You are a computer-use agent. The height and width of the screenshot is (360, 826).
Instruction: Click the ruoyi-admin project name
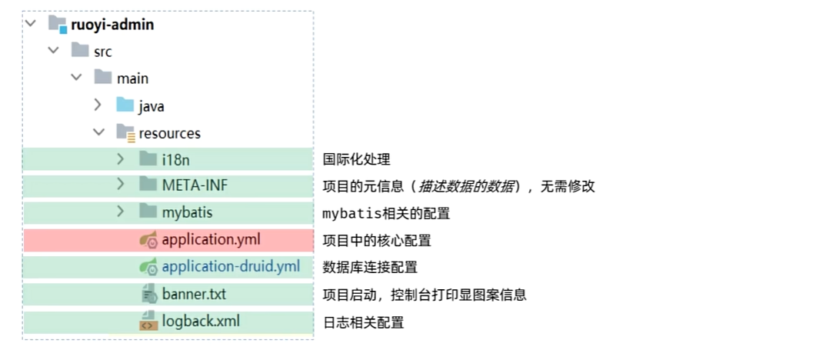[x=112, y=25]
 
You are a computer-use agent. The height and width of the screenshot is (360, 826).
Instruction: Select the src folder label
[x=103, y=52]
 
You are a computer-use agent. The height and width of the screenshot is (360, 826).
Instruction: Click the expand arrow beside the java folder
[x=98, y=105]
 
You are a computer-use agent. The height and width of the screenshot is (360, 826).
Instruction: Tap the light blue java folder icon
[x=125, y=105]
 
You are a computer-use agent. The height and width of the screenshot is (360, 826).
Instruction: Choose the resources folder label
[x=170, y=133]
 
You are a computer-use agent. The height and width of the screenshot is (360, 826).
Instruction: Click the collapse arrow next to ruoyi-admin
[x=31, y=23]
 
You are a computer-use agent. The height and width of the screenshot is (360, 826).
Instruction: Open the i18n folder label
[x=175, y=159]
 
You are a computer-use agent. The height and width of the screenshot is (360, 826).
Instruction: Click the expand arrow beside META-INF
[x=121, y=184]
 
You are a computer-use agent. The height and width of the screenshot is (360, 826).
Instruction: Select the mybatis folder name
[x=187, y=212]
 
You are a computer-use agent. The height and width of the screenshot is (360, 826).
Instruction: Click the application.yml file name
[x=211, y=240]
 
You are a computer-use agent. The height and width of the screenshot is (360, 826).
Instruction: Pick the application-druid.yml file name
[x=231, y=266]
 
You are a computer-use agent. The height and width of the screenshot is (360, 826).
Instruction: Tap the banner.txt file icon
[x=149, y=293]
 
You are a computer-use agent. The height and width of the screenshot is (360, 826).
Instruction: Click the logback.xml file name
[x=201, y=321]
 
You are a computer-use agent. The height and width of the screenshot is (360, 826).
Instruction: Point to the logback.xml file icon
[x=148, y=321]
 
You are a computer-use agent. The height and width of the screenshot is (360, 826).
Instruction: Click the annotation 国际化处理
[x=356, y=159]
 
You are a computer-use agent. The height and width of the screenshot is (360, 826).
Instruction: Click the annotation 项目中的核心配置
[x=377, y=240]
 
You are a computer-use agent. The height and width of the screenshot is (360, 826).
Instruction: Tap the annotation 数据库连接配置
[x=370, y=267]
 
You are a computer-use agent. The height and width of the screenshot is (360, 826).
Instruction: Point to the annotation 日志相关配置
[x=363, y=322]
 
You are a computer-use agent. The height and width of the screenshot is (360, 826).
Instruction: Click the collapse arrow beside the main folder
[x=76, y=78]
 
